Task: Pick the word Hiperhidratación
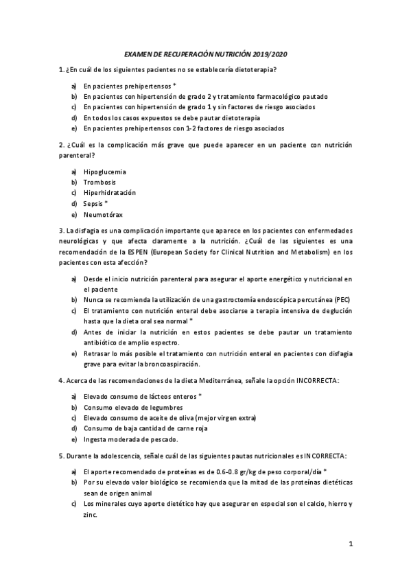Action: click(x=110, y=193)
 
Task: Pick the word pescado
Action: click(x=162, y=439)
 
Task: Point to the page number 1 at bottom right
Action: click(x=350, y=545)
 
